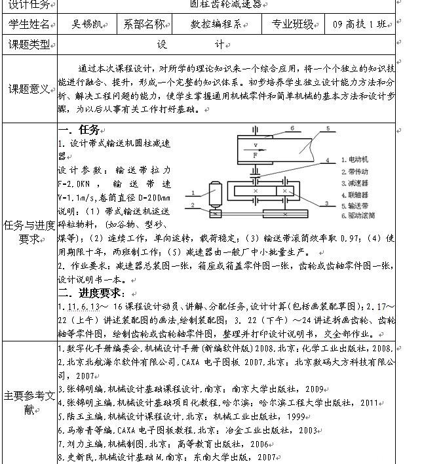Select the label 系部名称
pos(145,25)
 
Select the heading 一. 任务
pos(79,130)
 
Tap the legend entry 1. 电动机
pos(358,159)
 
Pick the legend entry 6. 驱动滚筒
pos(360,215)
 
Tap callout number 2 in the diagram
pos(193,205)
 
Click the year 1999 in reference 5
pos(297,416)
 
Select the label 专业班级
pos(293,25)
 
